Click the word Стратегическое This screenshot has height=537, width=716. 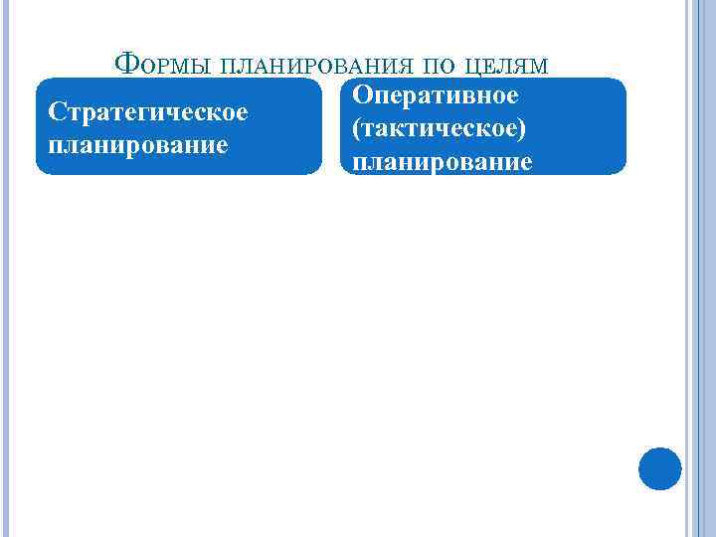pyautogui.click(x=147, y=110)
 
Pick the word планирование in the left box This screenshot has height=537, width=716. pyautogui.click(x=137, y=144)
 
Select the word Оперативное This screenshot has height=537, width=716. pyautogui.click(x=435, y=96)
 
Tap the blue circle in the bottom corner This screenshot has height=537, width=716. pyautogui.click(x=659, y=468)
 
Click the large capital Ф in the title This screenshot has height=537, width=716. pyautogui.click(x=125, y=66)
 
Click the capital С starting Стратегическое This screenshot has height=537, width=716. pyautogui.click(x=56, y=110)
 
